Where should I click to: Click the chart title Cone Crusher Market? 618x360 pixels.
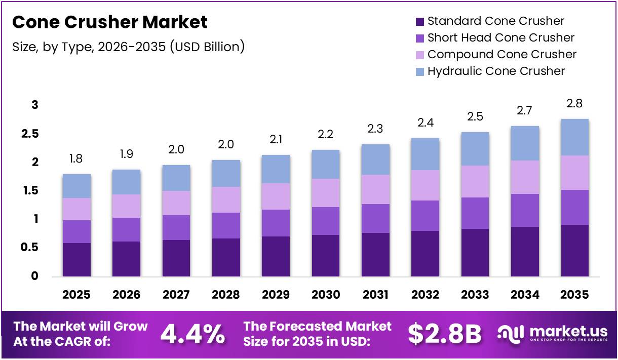[110, 22]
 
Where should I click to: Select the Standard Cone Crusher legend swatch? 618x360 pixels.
[419, 21]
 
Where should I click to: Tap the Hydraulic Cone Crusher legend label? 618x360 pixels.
[495, 71]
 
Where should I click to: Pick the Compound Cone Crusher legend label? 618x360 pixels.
[501, 54]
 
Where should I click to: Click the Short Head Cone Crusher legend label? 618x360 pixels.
[500, 37]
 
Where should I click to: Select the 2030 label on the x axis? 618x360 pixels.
[326, 295]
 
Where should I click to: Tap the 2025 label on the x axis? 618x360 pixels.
[76, 295]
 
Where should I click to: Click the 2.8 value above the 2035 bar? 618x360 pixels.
[574, 104]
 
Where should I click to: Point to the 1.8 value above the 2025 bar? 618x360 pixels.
[76, 159]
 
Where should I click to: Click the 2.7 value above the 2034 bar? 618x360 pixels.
[525, 110]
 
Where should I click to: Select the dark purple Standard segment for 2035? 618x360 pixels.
[574, 250]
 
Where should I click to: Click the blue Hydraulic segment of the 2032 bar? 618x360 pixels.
[425, 154]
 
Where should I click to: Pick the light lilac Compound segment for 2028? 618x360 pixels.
[226, 199]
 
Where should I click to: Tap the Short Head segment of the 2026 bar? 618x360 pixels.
[126, 229]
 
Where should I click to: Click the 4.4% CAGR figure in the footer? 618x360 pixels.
[192, 334]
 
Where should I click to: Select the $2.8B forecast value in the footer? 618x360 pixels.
[445, 334]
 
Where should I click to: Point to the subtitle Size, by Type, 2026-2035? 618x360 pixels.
[129, 47]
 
